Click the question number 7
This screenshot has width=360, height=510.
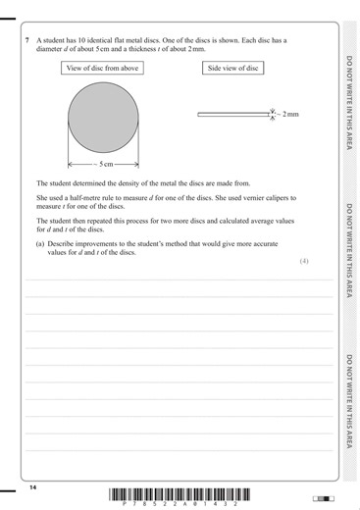pos(26,40)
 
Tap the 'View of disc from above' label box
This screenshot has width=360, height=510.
pos(102,68)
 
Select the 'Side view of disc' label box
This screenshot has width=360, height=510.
pos(233,68)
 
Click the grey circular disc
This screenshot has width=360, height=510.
pos(102,118)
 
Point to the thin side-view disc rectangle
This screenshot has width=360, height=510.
pos(232,115)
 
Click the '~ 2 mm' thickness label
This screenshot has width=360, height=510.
pos(286,115)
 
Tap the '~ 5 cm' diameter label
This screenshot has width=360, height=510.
pos(102,163)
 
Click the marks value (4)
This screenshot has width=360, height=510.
pos(304,262)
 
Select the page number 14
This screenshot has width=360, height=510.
pos(32,487)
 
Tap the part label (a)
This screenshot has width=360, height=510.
pos(41,244)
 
